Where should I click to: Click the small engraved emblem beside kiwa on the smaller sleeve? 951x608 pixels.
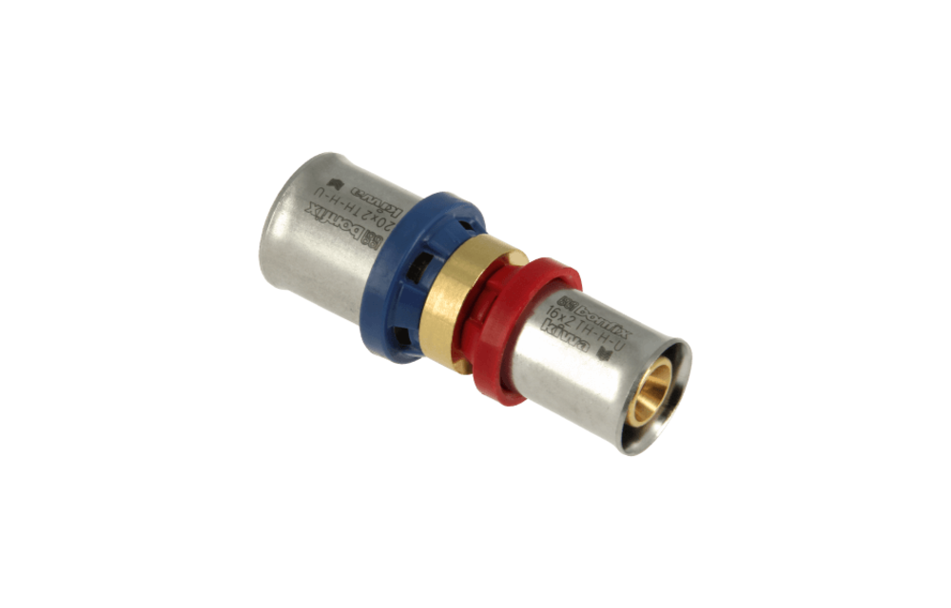610,355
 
